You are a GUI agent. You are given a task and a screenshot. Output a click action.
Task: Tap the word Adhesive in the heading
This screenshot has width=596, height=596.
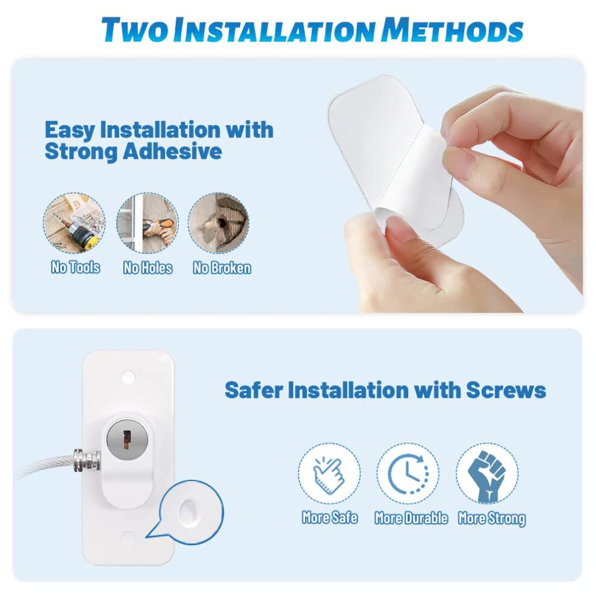click(172, 151)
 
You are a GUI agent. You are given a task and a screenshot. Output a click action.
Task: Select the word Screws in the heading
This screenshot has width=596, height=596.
click(506, 390)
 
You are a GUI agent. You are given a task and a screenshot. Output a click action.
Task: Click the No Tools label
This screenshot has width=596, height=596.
click(76, 267)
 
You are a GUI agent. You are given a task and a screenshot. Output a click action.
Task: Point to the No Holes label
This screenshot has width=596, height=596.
click(147, 267)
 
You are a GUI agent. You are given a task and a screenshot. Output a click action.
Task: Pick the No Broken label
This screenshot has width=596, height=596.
click(222, 267)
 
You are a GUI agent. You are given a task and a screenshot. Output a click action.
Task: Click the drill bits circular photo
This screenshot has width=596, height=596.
click(74, 223)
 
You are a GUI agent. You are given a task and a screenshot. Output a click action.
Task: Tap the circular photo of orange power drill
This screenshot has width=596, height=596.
click(147, 223)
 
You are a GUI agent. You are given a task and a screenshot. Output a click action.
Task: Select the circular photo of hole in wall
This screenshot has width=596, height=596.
click(219, 223)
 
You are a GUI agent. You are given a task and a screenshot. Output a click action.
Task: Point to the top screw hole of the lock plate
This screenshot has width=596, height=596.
click(128, 377)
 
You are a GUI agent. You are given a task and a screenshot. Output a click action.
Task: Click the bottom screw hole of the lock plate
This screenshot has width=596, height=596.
click(128, 538)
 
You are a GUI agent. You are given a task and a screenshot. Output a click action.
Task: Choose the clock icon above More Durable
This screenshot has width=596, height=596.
click(408, 474)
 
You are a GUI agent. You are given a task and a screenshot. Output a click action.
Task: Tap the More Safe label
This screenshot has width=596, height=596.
click(329, 518)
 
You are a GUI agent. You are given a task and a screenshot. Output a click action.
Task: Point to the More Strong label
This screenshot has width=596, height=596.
click(492, 518)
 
